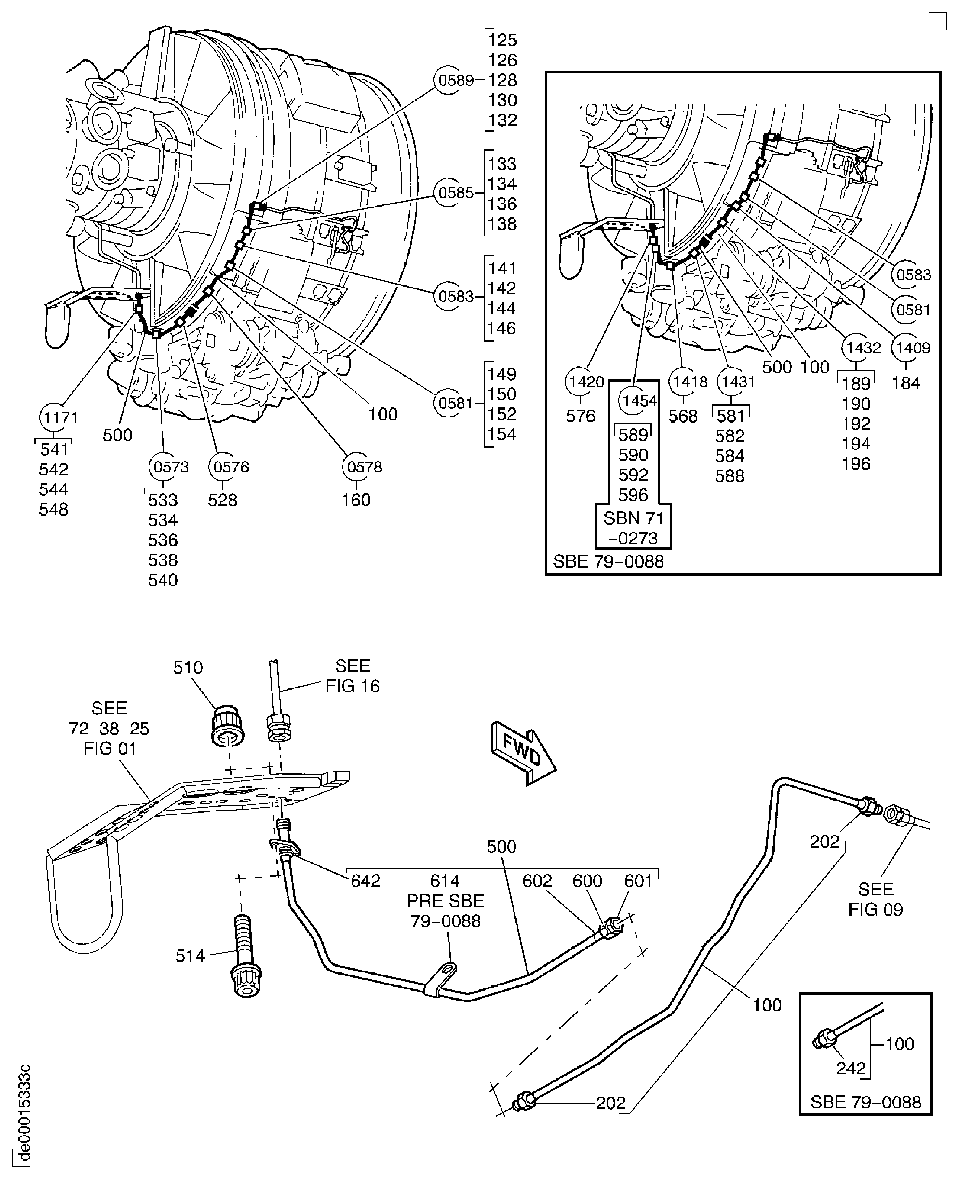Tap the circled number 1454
(x=634, y=402)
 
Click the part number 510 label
(x=188, y=667)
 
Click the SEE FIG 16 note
(x=352, y=676)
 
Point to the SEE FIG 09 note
(x=875, y=899)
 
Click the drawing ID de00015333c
(x=23, y=1116)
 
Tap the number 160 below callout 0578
(x=356, y=500)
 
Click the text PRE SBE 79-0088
(x=445, y=911)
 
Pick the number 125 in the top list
(x=502, y=40)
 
